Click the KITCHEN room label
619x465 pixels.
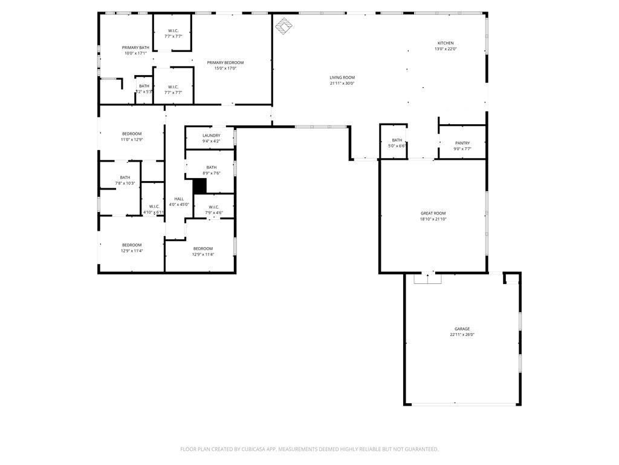(x=446, y=43)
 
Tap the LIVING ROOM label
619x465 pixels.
(x=342, y=77)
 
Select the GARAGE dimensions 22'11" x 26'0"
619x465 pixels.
(x=462, y=335)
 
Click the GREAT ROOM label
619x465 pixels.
(x=433, y=213)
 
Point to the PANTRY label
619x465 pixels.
(x=462, y=143)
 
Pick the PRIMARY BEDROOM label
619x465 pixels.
(x=225, y=62)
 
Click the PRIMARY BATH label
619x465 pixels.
(x=135, y=47)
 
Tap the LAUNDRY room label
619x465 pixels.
(x=211, y=136)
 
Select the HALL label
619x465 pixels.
(x=179, y=199)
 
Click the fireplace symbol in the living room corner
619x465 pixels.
(x=284, y=25)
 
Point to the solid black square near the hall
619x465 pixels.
(x=199, y=186)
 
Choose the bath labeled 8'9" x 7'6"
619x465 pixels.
(x=211, y=170)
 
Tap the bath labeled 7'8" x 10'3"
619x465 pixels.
(x=125, y=180)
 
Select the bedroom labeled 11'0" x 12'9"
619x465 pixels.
(x=132, y=137)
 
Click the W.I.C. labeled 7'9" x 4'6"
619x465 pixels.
(x=214, y=209)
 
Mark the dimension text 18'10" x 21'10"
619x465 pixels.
(x=433, y=219)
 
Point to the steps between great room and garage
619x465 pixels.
(x=428, y=279)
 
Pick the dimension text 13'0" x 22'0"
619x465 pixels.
(x=446, y=49)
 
